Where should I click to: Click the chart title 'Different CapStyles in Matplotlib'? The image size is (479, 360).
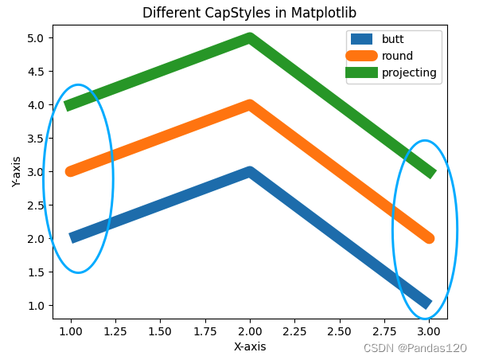250,13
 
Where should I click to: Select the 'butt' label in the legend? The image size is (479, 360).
392,38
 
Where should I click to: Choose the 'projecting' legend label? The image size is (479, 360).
409,72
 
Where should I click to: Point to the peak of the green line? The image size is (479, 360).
250,39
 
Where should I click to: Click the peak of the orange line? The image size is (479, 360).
250,106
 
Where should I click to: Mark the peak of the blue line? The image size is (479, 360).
250,173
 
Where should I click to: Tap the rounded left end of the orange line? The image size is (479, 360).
72,171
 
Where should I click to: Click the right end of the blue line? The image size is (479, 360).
428,304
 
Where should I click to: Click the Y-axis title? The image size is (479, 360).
16,171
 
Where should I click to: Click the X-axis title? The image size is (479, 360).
250,346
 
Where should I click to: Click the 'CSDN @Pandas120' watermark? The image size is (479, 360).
415,348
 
